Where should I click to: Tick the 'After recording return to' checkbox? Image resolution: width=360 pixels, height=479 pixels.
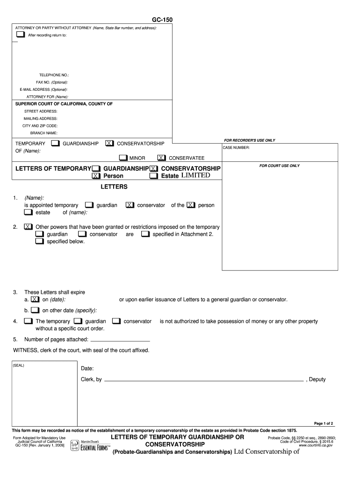point(20,35)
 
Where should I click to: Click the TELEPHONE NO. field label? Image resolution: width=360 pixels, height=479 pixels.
point(54,75)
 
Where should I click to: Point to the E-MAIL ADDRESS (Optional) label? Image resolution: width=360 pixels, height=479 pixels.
point(43,89)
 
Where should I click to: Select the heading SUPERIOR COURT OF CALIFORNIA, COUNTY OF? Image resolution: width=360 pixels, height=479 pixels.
point(64,104)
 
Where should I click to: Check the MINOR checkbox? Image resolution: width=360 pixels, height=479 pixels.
point(123,158)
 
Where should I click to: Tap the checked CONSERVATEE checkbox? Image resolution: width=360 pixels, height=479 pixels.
point(162,158)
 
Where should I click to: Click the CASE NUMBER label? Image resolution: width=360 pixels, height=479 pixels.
point(236,148)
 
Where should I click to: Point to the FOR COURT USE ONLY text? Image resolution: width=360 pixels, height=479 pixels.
point(280,166)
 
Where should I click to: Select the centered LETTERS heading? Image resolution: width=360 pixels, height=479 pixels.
point(114,187)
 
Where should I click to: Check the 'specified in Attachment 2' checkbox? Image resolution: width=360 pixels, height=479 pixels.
point(145,234)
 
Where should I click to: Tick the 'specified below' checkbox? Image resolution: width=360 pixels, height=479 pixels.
point(39,241)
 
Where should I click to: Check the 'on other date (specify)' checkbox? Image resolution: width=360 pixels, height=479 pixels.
point(36,310)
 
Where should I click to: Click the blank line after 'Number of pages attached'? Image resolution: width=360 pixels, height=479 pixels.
point(120,339)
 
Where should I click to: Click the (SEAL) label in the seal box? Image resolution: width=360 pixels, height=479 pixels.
point(19,365)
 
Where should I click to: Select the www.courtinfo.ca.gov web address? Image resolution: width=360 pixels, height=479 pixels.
point(316,445)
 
